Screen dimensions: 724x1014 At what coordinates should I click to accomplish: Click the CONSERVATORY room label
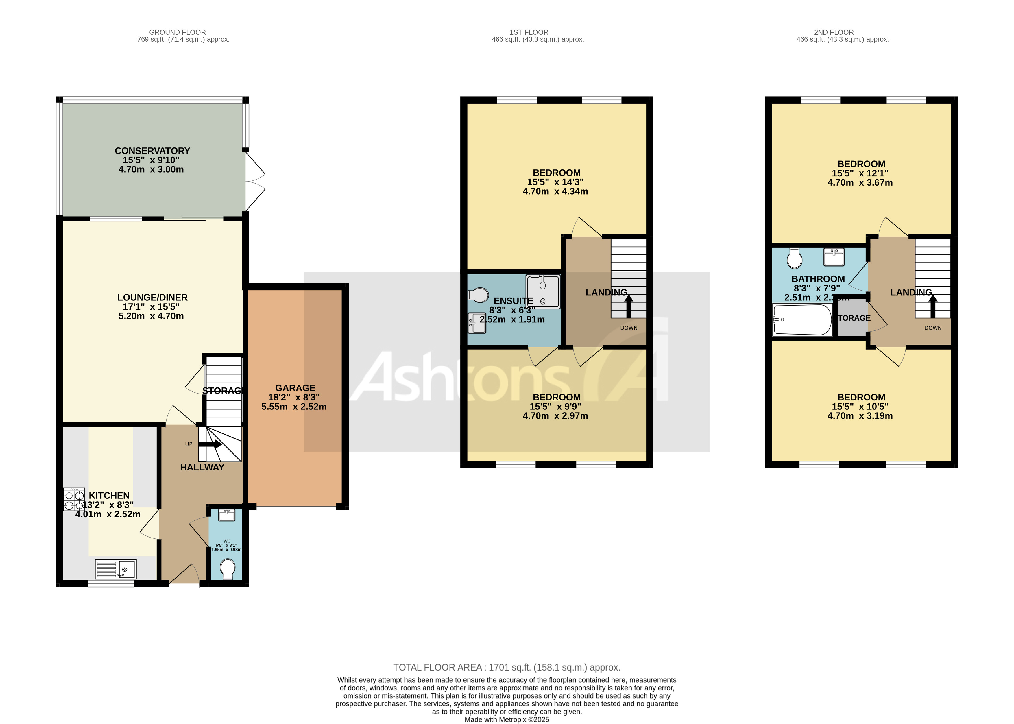[x=152, y=151]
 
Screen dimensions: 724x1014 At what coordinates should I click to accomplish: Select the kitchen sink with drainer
[x=115, y=569]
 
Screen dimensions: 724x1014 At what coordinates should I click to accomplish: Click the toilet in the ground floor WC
[x=228, y=569]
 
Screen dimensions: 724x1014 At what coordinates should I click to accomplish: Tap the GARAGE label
[x=295, y=388]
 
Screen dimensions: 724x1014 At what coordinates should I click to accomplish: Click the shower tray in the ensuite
[x=543, y=291]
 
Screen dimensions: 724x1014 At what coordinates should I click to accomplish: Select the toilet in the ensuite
[x=478, y=295]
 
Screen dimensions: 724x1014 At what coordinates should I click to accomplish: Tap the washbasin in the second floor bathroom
[x=834, y=257]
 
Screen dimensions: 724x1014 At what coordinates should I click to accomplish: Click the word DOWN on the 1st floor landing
[x=629, y=328]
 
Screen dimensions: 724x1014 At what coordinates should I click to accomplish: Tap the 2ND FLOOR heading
[x=834, y=32]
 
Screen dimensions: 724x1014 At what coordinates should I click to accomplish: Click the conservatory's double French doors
[x=255, y=182]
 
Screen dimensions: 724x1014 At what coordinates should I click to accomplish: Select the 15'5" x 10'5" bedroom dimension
[x=860, y=407]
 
